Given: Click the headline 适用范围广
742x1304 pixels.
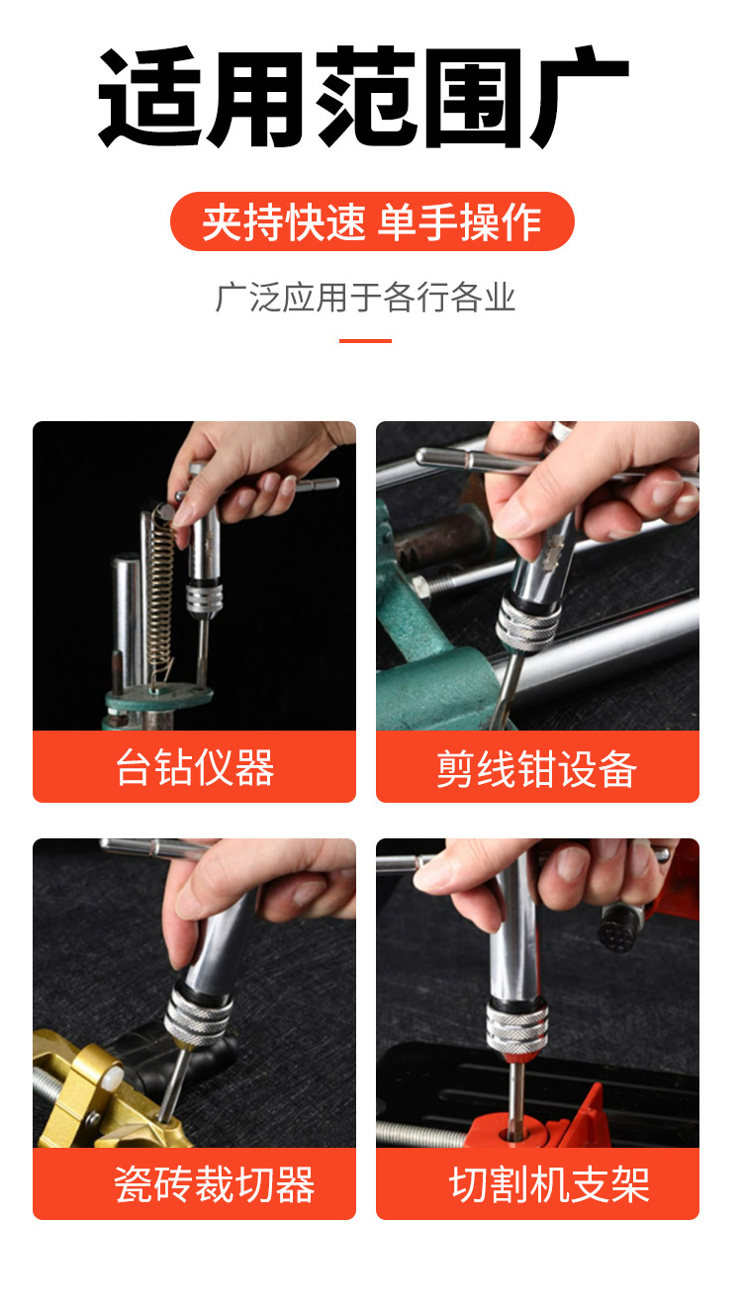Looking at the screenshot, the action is tap(363, 97).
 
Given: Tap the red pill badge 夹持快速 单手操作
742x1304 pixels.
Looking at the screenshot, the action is tap(372, 221).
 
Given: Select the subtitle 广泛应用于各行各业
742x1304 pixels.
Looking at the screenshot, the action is tap(365, 298).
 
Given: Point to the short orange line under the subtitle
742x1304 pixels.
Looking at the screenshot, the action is tap(365, 340).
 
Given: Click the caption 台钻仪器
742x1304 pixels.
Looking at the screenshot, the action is tap(195, 767).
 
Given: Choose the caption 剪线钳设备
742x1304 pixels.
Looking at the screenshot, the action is tap(537, 768).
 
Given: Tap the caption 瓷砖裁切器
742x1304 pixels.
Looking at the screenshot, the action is tap(215, 1184).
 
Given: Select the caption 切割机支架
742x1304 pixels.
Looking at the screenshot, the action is tap(549, 1184).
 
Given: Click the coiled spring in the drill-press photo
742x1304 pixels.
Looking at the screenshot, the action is tap(160, 588).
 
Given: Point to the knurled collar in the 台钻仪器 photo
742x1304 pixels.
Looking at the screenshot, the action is tap(204, 598).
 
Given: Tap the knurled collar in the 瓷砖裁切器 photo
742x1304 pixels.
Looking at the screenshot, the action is tap(198, 1014).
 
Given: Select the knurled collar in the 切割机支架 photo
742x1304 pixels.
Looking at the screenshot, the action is tap(517, 1028).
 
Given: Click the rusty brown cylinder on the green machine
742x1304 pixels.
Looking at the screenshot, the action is tap(447, 538).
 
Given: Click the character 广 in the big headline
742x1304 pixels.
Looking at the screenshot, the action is tap(579, 97).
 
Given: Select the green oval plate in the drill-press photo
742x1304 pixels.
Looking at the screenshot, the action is tap(160, 697).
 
